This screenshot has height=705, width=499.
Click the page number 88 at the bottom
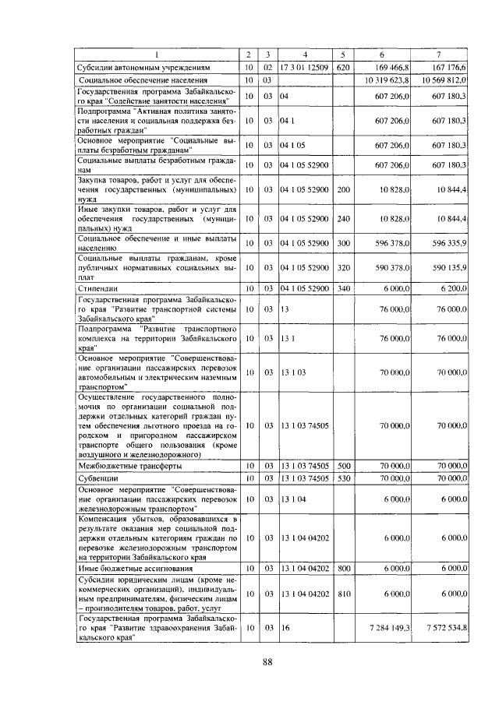tap(267, 662)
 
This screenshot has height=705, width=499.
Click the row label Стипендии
tap(98, 289)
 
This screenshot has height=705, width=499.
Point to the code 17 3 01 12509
tap(305, 68)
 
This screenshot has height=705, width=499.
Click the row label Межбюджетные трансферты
tap(119, 465)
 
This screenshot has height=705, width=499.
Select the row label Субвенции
tap(97, 478)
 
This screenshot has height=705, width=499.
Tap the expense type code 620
tap(342, 68)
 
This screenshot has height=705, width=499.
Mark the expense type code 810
tap(342, 594)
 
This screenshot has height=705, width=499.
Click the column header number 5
tap(342, 55)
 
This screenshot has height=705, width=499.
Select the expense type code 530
tap(342, 478)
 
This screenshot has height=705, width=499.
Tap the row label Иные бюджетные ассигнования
tap(123, 569)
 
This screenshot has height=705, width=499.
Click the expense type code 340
tap(342, 289)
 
